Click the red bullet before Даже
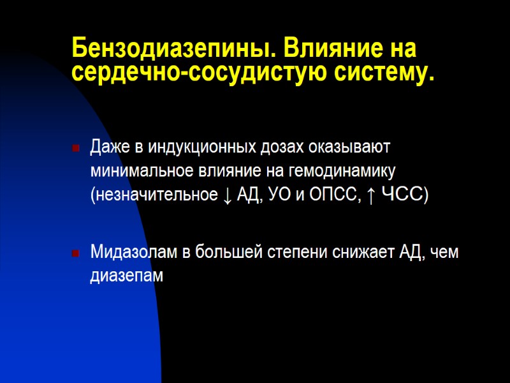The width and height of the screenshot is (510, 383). (x=76, y=148)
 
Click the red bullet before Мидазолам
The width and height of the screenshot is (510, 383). (x=76, y=254)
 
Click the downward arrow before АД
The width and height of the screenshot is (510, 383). (x=228, y=195)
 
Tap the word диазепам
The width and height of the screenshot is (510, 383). (x=127, y=276)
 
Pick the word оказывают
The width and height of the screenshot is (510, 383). (x=354, y=147)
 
